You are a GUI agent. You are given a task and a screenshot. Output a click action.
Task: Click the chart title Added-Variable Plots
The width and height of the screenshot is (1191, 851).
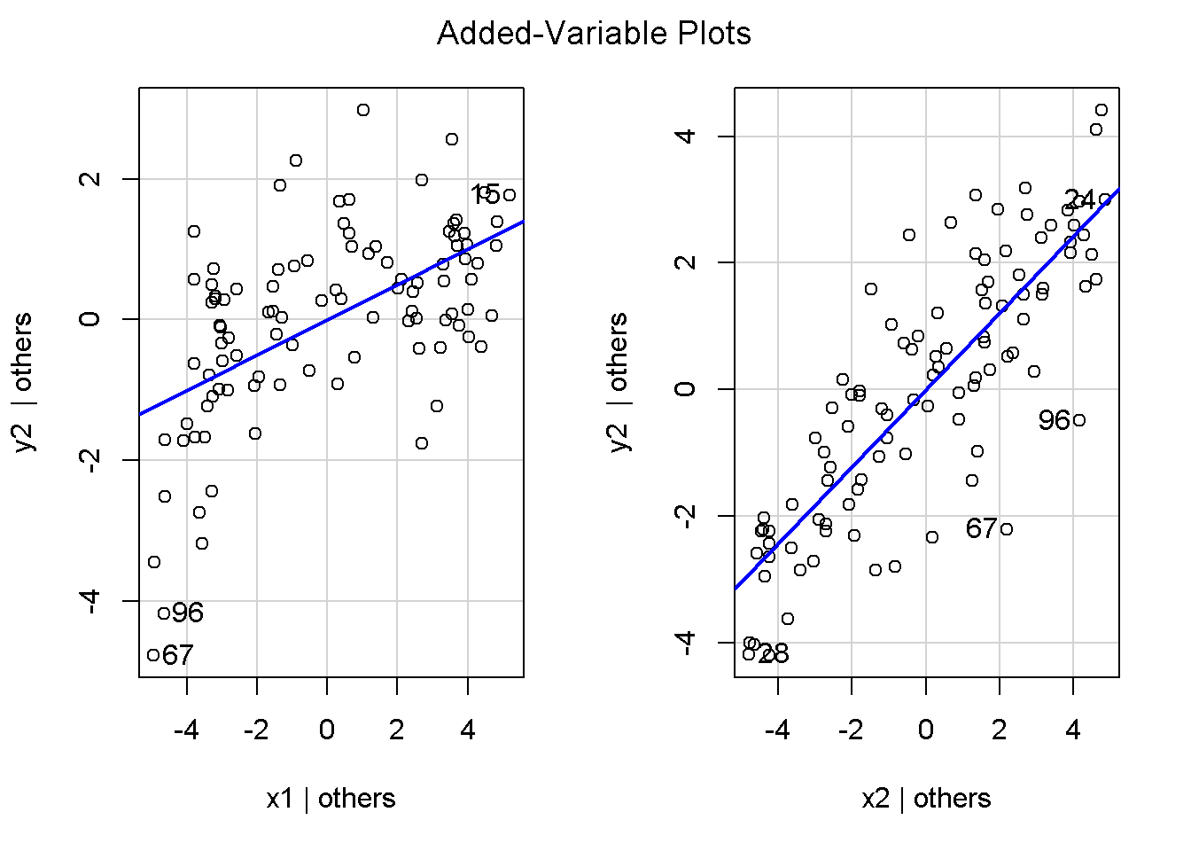tap(594, 34)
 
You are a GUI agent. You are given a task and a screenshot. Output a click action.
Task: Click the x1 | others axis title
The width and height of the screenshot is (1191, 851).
tap(331, 799)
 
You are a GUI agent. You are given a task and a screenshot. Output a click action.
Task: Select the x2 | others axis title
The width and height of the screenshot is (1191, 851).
tap(926, 799)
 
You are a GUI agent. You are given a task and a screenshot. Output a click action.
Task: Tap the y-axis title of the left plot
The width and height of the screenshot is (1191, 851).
tap(23, 382)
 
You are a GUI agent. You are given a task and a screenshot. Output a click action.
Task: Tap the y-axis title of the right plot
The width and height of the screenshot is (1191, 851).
tap(619, 382)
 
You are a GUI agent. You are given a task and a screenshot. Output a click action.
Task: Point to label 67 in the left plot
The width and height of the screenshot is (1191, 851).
tap(178, 655)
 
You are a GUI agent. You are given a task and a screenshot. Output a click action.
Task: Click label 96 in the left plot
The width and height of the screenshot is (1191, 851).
tap(188, 613)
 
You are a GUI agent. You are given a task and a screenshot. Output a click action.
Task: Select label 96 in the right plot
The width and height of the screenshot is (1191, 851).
tap(1055, 420)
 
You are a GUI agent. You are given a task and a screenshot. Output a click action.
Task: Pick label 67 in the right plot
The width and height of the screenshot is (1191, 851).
tap(982, 529)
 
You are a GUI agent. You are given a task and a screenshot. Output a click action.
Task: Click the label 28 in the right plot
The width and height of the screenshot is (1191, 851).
tap(774, 655)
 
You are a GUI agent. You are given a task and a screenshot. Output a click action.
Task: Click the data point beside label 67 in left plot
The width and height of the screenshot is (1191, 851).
tap(153, 655)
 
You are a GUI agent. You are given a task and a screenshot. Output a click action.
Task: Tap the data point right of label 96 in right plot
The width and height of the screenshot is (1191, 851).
tap(1079, 420)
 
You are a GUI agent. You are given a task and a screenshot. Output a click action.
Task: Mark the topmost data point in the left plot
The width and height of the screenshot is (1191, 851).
tap(363, 110)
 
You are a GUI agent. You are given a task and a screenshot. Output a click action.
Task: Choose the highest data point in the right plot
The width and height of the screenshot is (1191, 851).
tap(1101, 110)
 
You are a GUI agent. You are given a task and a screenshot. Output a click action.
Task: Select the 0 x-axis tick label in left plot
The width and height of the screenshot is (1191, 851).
tap(327, 730)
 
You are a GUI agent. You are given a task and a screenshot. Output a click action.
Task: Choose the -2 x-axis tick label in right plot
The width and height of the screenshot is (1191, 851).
tap(852, 730)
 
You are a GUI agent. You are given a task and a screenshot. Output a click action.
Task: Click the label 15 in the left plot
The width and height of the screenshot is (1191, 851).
tap(486, 195)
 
